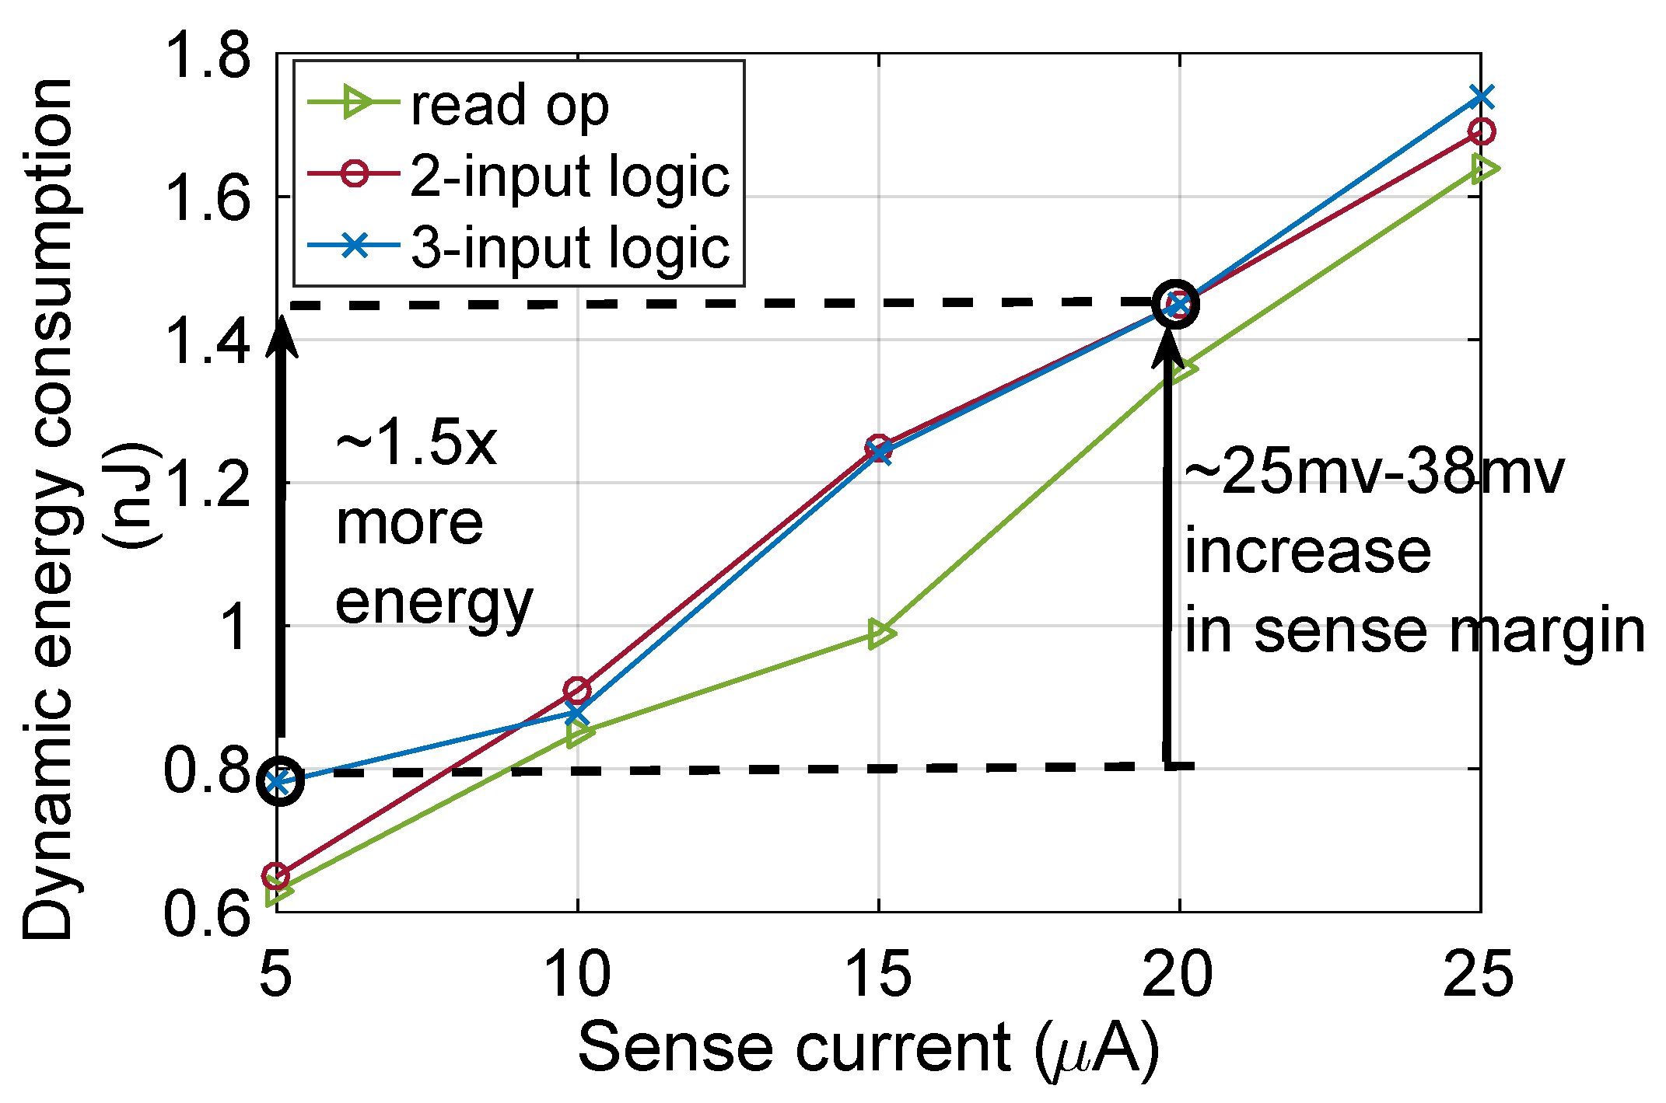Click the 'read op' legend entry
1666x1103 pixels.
509,105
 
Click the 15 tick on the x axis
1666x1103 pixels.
878,975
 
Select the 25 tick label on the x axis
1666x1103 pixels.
1478,975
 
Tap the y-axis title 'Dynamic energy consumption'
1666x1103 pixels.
48,509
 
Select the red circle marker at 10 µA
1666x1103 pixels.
577,689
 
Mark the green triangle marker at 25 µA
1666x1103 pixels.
1484,169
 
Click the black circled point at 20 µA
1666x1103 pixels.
1177,304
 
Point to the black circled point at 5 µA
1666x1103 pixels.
280,782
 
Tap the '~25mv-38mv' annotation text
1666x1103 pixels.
1373,472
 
